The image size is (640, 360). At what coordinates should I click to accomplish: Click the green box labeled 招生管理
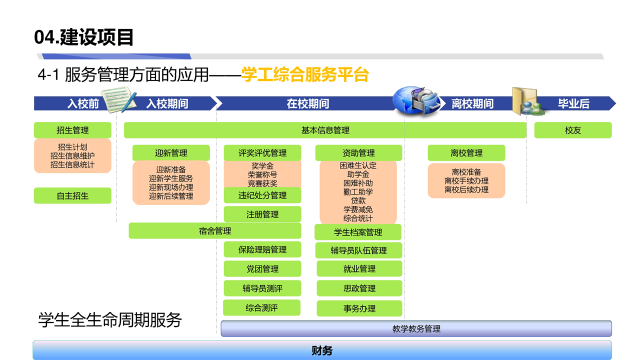coord(72,130)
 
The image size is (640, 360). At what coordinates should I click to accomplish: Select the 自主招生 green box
coord(72,195)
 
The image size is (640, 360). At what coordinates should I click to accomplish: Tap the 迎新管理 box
coord(171,153)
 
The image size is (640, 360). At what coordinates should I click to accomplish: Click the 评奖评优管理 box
coord(262,153)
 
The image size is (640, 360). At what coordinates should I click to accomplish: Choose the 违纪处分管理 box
coord(262,195)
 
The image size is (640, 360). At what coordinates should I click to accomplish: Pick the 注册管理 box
coord(262,214)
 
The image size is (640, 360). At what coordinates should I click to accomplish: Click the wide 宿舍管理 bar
coord(215,231)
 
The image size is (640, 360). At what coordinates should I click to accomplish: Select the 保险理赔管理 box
coord(262,249)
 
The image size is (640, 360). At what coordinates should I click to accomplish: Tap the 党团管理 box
coord(262,269)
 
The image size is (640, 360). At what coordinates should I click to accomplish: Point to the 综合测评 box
coord(261,307)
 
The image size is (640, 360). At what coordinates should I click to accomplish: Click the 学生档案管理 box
coord(358,232)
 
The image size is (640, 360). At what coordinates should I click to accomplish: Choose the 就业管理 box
coord(359,268)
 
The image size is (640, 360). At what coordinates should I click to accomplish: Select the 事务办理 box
coord(359,308)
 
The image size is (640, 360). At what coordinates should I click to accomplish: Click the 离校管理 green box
coord(466,153)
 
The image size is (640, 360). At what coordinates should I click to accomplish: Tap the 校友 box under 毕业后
coord(573,130)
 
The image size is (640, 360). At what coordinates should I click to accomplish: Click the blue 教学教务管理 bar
coord(416,328)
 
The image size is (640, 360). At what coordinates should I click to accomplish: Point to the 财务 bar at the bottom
coord(322,350)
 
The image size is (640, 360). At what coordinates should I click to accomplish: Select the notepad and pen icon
coord(119,100)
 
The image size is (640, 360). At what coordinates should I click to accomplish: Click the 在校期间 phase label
coord(308,103)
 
